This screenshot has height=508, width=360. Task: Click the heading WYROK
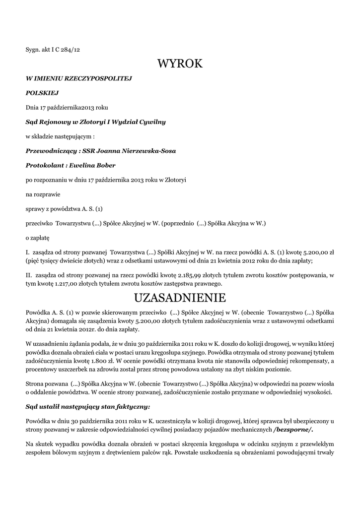coord(180,64)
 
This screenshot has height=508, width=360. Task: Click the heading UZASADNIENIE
coord(180,298)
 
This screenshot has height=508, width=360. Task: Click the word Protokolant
coord(44,165)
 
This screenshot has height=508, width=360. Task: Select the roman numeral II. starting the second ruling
coord(29,275)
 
